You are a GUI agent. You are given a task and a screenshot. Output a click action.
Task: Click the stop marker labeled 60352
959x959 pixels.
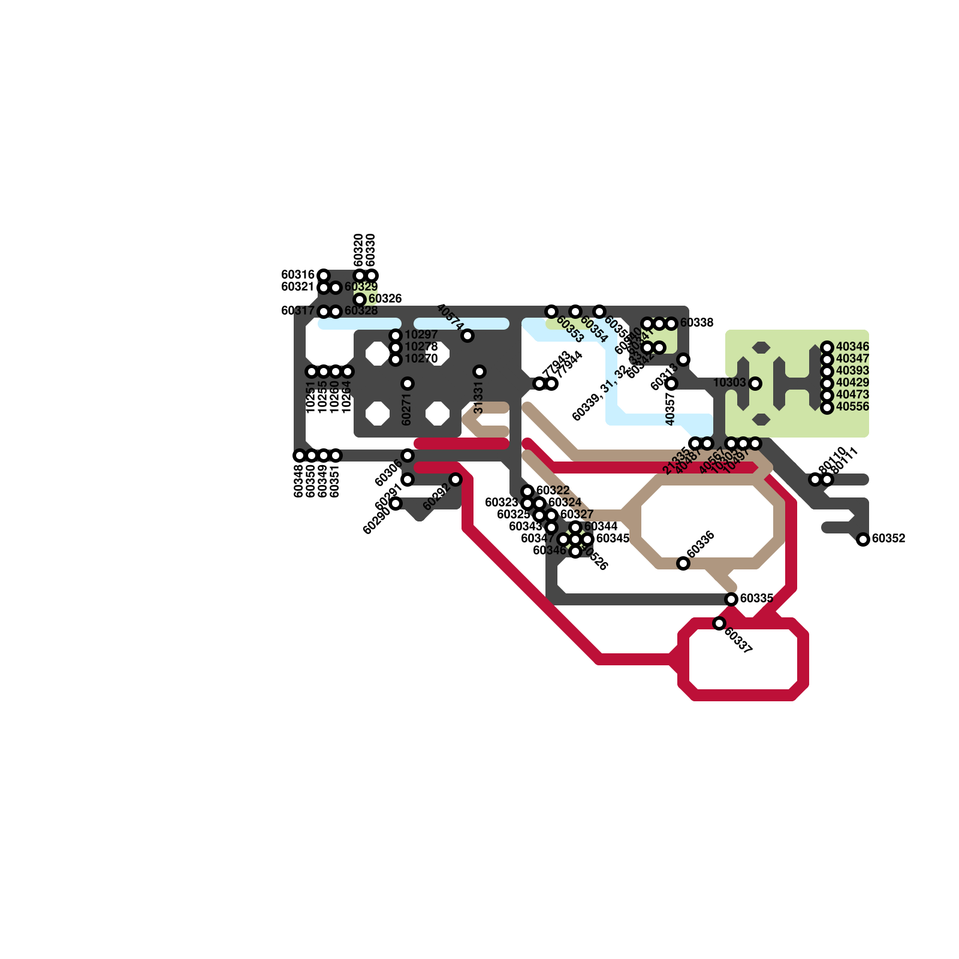pos(863,539)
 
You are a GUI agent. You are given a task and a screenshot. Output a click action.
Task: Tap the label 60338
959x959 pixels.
pos(696,323)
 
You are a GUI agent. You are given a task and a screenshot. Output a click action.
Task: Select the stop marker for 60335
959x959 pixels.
pos(731,599)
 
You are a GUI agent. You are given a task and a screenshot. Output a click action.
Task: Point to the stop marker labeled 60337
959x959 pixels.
pos(719,623)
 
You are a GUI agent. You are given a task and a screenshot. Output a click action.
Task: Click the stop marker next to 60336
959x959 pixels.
pos(683,563)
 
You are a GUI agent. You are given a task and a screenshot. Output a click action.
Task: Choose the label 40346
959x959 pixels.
pos(852,347)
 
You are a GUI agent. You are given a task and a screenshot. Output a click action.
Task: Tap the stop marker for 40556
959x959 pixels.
pos(827,408)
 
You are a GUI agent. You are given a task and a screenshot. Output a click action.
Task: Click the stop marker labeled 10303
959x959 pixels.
pos(755,384)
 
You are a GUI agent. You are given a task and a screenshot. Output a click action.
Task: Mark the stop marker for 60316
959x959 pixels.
pos(324,276)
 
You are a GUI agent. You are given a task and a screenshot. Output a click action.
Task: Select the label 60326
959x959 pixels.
pos(385,298)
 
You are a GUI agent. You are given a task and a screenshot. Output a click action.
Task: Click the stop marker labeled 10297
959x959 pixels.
pos(396,336)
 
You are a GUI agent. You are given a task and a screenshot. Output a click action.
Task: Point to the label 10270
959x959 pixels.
pos(421,359)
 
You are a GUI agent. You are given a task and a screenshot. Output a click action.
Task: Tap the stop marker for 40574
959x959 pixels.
pos(468,336)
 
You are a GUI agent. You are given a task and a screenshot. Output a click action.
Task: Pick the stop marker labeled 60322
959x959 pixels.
pos(527,491)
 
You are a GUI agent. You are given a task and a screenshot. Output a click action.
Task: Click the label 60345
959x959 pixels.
pos(613,538)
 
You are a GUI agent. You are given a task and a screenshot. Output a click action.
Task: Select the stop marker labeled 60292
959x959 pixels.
pos(456,479)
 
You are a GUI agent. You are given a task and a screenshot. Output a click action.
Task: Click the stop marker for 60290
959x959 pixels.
pos(396,503)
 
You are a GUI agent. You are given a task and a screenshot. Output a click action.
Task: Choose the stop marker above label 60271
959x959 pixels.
pos(408,384)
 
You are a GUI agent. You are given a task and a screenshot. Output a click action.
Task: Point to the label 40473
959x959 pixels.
pos(852,395)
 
